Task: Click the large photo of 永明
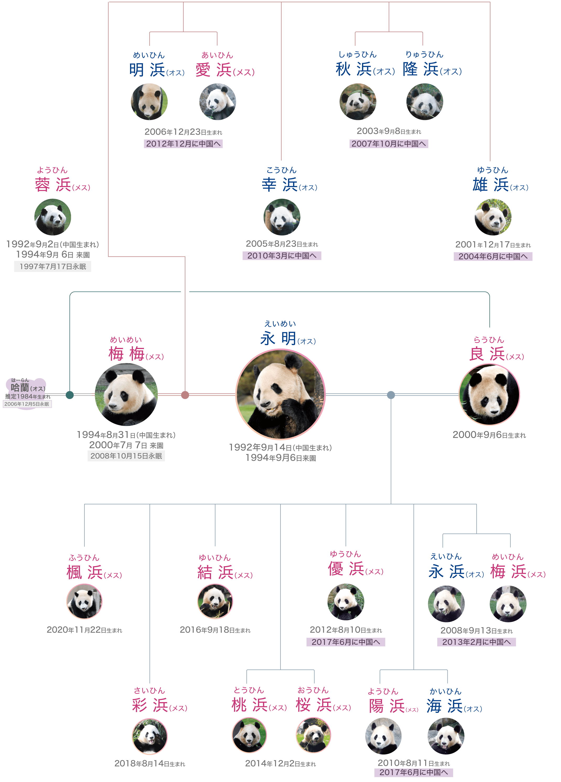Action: click(x=280, y=394)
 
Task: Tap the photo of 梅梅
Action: click(x=126, y=395)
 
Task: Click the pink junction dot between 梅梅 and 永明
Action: click(x=185, y=395)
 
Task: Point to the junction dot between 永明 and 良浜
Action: click(x=391, y=395)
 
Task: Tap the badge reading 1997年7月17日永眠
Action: click(x=52, y=266)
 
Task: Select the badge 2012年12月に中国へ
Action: click(x=183, y=144)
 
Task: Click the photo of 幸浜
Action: click(x=282, y=217)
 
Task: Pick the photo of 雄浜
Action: click(x=493, y=217)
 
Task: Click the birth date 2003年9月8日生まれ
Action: click(x=389, y=131)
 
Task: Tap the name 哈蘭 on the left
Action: click(x=20, y=387)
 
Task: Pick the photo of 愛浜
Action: click(x=217, y=102)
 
